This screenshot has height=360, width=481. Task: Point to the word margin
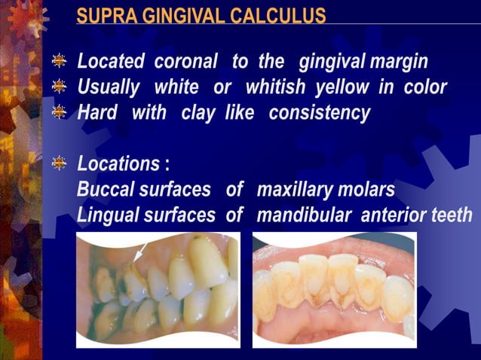click(399, 62)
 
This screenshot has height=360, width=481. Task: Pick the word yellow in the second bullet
click(341, 87)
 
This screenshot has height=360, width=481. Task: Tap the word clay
click(198, 114)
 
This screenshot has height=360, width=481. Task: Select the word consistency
click(320, 114)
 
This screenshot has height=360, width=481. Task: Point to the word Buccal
click(106, 190)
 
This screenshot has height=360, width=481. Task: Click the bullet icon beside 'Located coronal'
click(59, 62)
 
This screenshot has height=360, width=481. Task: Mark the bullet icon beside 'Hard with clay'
click(59, 114)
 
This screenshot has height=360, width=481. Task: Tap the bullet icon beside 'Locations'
click(59, 164)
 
